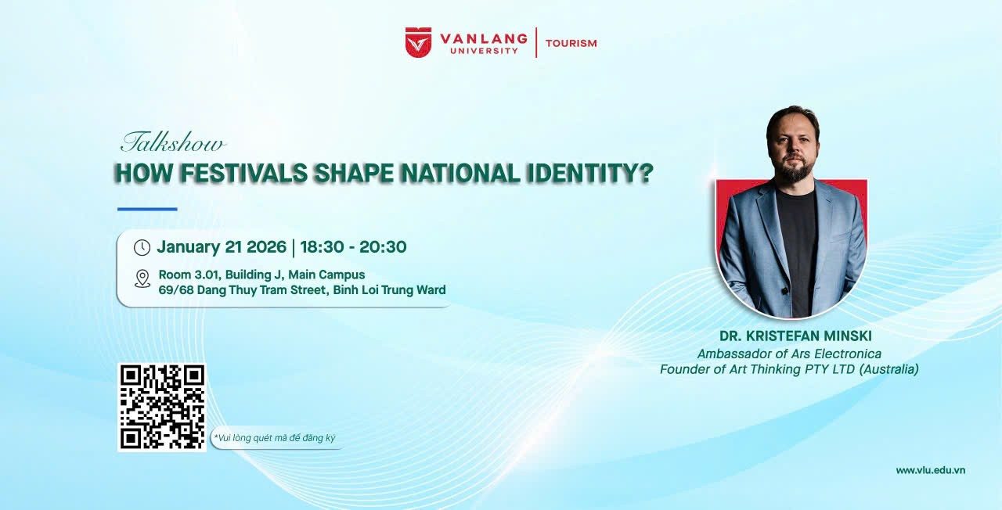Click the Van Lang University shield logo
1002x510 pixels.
(x=418, y=42)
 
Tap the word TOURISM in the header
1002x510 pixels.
(x=571, y=43)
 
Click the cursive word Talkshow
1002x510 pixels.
(x=173, y=142)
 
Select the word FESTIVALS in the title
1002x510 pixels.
(x=243, y=173)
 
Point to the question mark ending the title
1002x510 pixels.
(x=647, y=173)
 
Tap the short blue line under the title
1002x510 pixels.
(x=147, y=209)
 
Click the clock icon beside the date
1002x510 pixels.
(x=142, y=248)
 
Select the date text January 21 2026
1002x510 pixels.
(x=222, y=246)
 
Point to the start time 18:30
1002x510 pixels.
(x=322, y=246)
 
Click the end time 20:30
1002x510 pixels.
(x=383, y=246)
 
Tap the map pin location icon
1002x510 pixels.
(x=142, y=278)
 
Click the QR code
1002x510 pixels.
(x=162, y=408)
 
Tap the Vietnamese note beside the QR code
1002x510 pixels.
(x=275, y=438)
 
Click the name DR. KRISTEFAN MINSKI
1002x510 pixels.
(x=795, y=336)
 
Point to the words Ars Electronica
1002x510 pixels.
(x=837, y=354)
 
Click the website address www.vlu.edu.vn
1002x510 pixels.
(x=931, y=470)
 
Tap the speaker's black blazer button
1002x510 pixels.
(x=785, y=292)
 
